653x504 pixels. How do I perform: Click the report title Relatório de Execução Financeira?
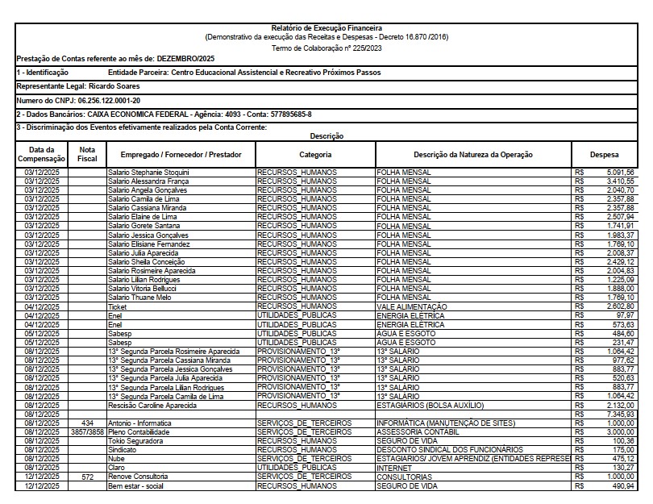tap(326, 28)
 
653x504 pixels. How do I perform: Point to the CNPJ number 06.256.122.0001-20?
tap(108, 100)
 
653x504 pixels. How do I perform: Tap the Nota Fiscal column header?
tap(87, 154)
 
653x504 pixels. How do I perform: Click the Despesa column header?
tap(604, 154)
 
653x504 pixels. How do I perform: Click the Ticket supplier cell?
tap(118, 306)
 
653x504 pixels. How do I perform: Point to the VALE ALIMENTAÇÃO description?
tap(411, 306)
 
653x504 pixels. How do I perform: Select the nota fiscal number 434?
tap(87, 423)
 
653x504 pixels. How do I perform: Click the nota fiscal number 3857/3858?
tap(87, 431)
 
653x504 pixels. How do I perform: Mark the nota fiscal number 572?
tap(87, 477)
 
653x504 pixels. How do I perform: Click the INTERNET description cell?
tap(395, 468)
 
